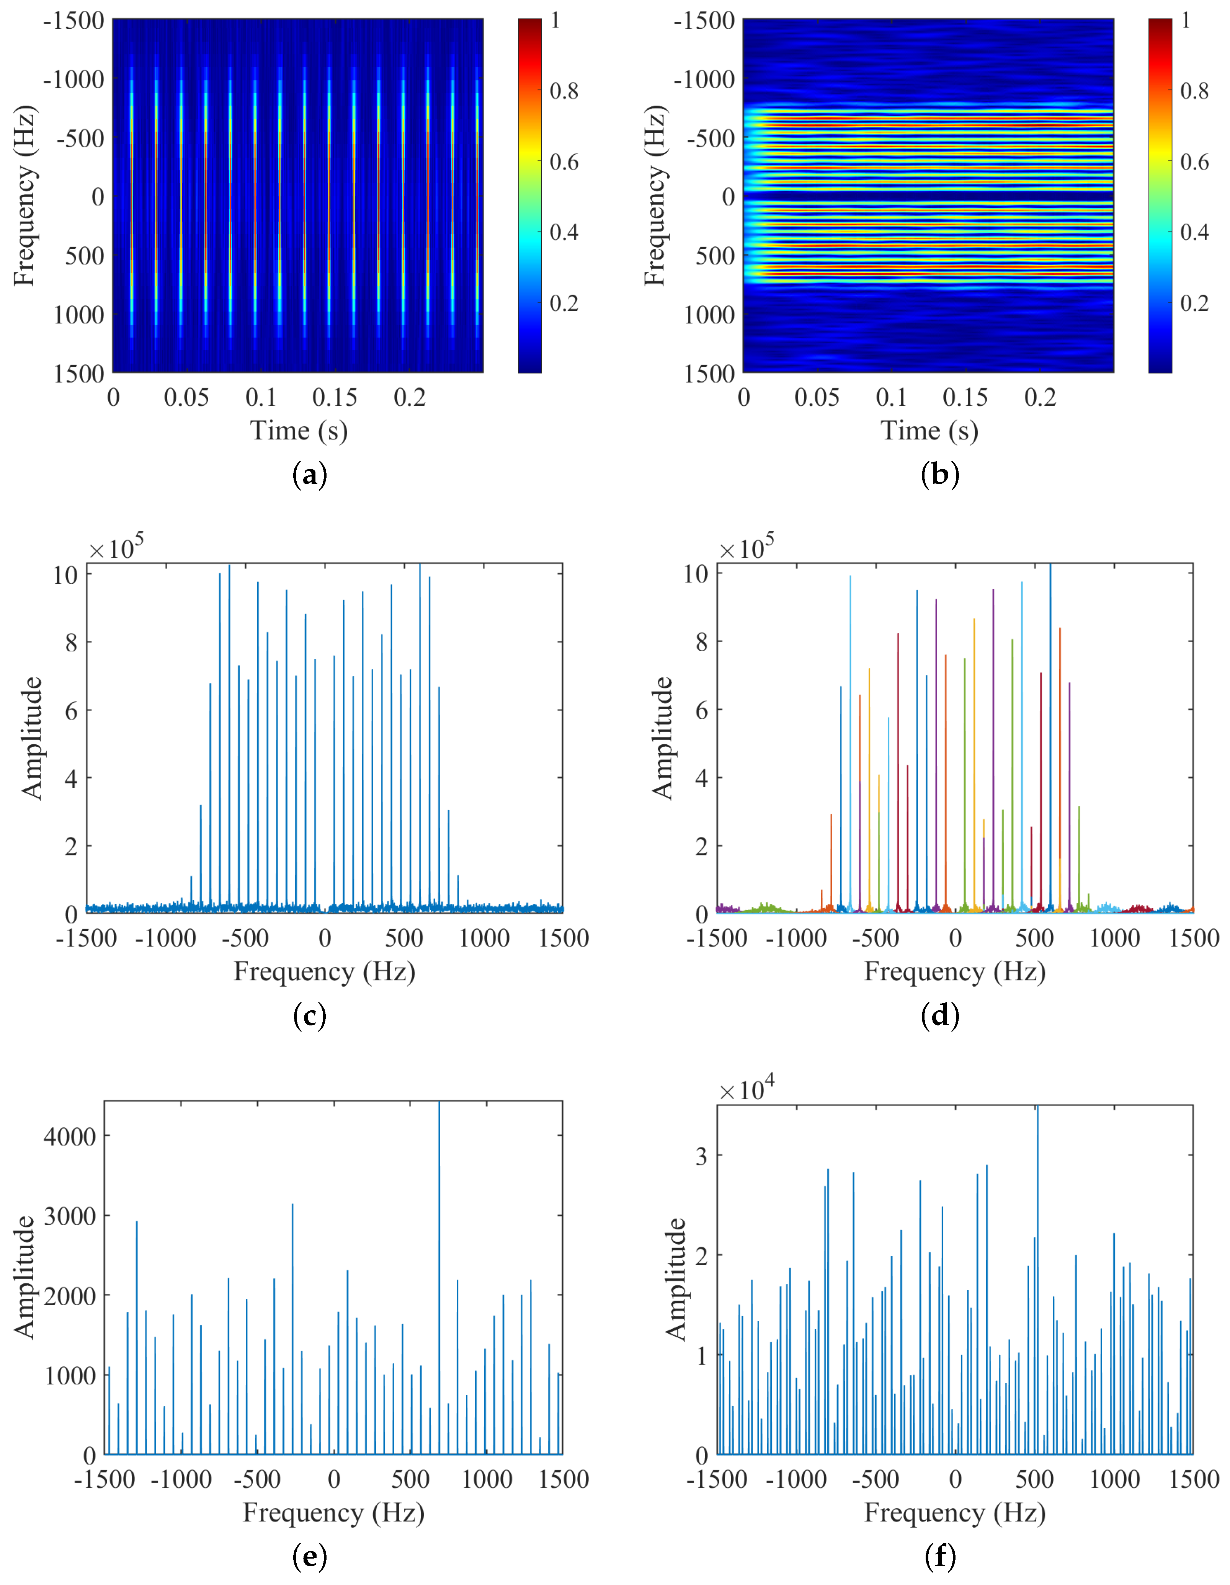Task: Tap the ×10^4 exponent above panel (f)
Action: click(747, 1089)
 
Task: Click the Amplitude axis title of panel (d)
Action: click(663, 738)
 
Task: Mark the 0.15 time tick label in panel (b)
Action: click(965, 397)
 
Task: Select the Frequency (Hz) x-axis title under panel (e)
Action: click(333, 1512)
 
